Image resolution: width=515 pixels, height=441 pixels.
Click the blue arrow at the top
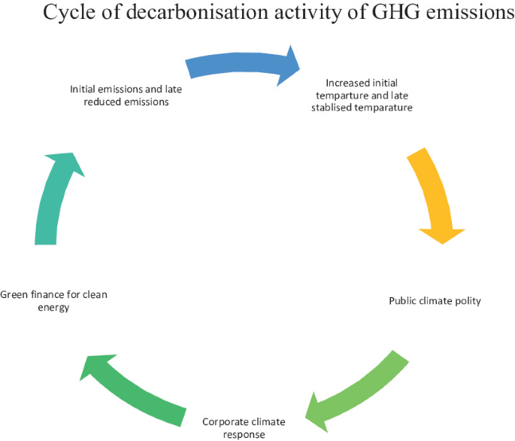(x=241, y=64)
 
